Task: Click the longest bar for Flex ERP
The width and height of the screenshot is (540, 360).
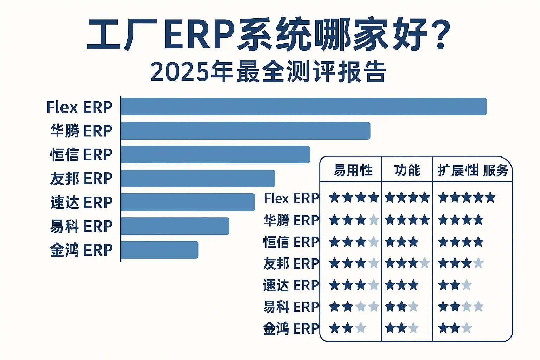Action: [304, 107]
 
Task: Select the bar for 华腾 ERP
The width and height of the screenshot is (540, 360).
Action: [245, 131]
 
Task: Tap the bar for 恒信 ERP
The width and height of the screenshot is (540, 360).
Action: [215, 155]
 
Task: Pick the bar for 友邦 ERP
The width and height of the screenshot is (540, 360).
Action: [198, 179]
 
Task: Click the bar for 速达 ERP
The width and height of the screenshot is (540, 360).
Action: [188, 202]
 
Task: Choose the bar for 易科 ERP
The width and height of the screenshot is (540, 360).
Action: [175, 226]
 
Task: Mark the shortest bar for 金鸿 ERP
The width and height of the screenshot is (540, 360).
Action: [160, 250]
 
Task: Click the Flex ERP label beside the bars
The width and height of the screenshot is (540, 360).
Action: [79, 107]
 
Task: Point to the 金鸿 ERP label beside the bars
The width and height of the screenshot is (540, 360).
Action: [81, 250]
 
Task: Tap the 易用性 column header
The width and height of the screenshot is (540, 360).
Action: [353, 171]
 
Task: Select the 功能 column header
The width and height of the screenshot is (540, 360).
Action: [407, 171]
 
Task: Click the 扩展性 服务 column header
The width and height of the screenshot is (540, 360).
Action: [473, 171]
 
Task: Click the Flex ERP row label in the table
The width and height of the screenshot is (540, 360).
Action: [291, 199]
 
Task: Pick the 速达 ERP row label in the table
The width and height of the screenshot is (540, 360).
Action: [291, 285]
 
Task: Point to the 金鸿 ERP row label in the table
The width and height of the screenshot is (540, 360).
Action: [291, 328]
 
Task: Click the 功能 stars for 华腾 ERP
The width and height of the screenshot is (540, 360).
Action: [407, 220]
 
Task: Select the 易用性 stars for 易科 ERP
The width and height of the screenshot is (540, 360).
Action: [354, 307]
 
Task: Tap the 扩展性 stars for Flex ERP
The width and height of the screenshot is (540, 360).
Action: [467, 198]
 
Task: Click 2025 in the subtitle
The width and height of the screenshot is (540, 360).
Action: [179, 72]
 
